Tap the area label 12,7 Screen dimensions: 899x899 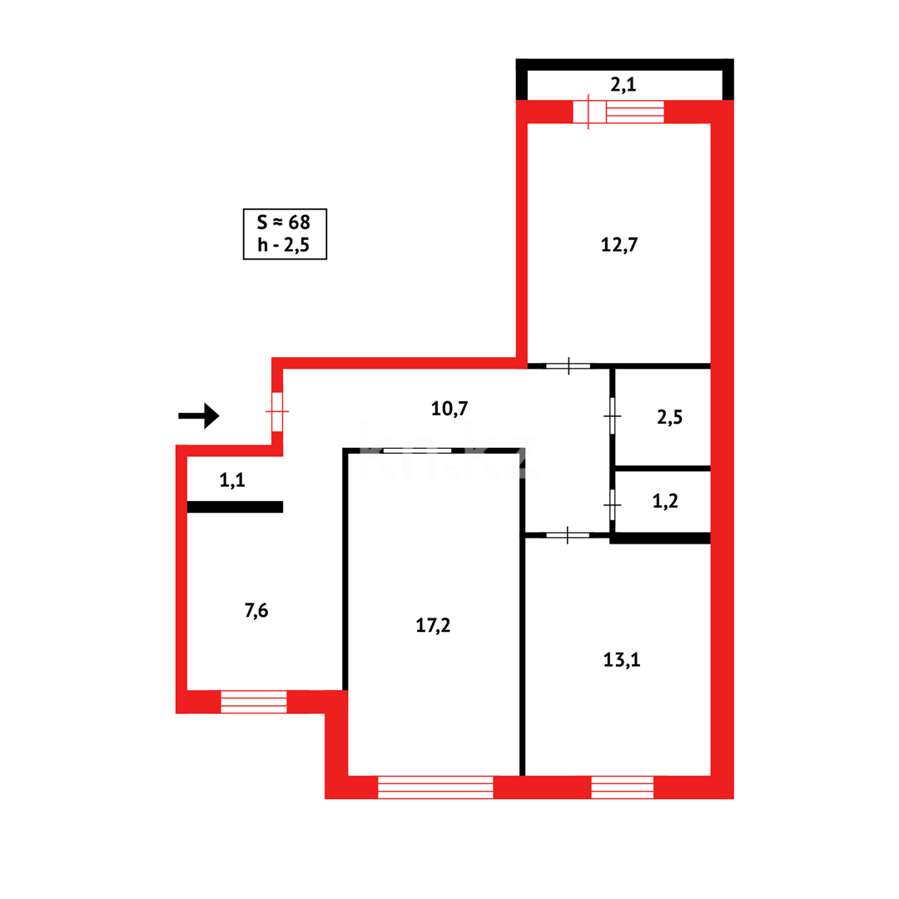pyautogui.click(x=619, y=245)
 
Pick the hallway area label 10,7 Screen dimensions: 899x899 pyautogui.click(x=449, y=408)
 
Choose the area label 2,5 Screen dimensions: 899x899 pyautogui.click(x=669, y=417)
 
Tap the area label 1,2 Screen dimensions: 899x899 pyautogui.click(x=666, y=501)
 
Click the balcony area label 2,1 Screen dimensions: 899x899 pyautogui.click(x=623, y=84)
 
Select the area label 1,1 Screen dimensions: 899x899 pyautogui.click(x=231, y=479)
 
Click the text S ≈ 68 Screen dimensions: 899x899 pyautogui.click(x=284, y=222)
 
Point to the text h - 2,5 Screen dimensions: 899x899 pyautogui.click(x=284, y=246)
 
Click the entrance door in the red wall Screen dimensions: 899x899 pyautogui.click(x=277, y=411)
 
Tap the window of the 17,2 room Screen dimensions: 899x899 pyautogui.click(x=435, y=787)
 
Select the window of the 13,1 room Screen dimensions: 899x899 pyautogui.click(x=622, y=787)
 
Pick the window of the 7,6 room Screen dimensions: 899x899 pyautogui.click(x=253, y=702)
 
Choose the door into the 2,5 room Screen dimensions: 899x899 pyautogui.click(x=613, y=415)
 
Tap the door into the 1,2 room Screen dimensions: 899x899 pyautogui.click(x=613, y=504)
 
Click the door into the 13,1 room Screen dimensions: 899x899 pyautogui.click(x=568, y=535)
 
